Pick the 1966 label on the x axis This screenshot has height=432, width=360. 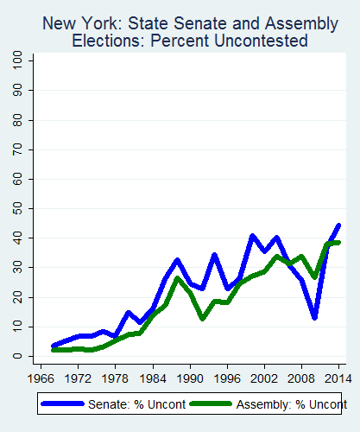point(41,378)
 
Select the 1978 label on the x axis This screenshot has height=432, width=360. point(115,378)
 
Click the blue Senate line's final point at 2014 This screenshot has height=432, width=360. point(338,226)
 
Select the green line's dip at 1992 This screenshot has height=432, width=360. point(202,318)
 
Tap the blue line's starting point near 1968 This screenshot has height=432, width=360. point(54,346)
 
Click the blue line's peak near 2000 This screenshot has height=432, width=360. point(252,236)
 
